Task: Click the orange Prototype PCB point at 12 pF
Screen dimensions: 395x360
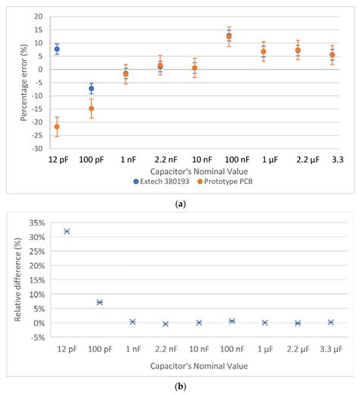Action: click(57, 126)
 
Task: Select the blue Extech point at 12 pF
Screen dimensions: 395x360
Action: click(57, 49)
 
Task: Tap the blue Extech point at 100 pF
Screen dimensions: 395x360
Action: click(91, 89)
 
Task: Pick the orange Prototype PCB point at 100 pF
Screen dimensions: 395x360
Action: click(91, 108)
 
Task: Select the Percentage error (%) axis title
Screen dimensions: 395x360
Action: click(13, 85)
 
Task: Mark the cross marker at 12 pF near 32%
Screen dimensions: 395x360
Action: click(67, 231)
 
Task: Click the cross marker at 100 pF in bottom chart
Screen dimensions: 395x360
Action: click(99, 302)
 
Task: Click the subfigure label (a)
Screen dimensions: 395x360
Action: click(179, 204)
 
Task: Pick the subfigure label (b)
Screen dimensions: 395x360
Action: click(180, 387)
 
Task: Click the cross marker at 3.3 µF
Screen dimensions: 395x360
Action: click(330, 322)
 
